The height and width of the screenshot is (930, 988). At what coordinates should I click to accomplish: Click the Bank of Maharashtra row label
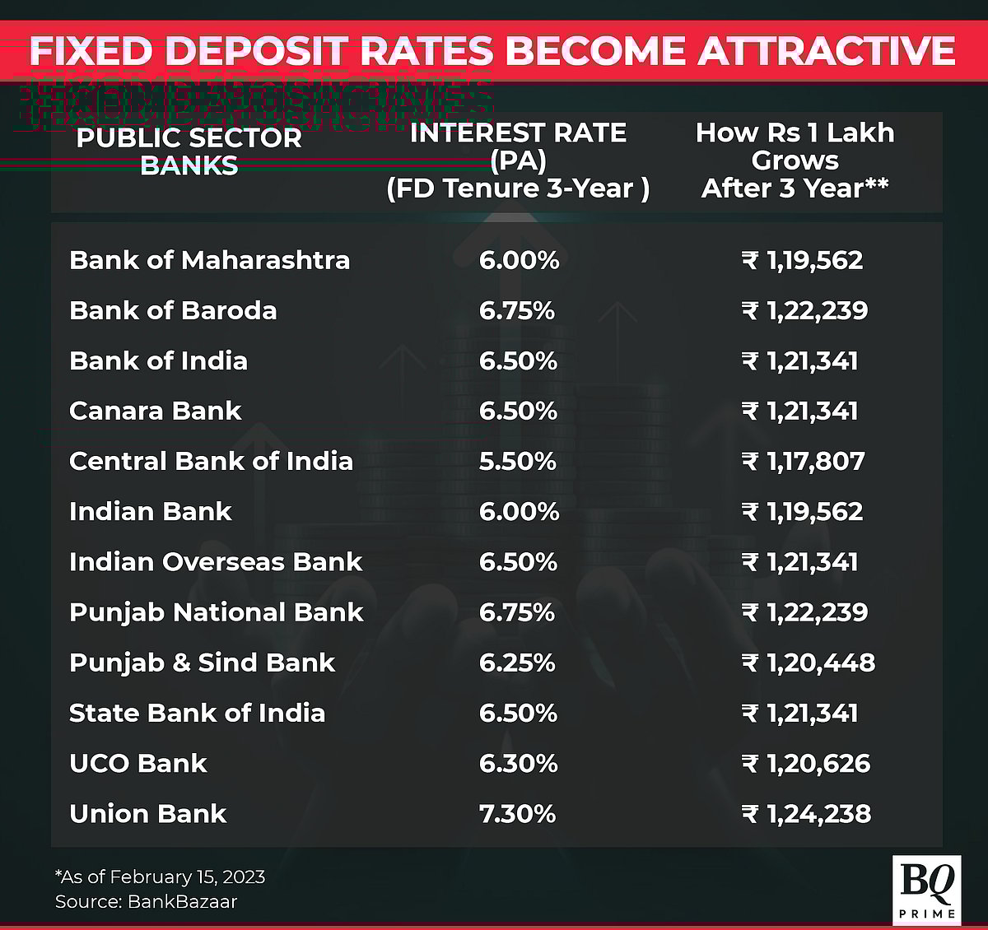(209, 260)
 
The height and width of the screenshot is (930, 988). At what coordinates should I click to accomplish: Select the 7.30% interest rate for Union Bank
(517, 814)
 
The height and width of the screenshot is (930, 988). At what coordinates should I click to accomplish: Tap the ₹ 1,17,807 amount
(803, 462)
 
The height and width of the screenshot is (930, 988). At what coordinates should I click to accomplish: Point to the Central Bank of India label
(211, 461)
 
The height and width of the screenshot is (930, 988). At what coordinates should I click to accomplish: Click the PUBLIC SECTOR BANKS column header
(189, 151)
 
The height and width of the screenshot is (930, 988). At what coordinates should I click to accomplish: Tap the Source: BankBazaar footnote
(146, 901)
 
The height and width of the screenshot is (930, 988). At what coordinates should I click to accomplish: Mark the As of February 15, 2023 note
(160, 877)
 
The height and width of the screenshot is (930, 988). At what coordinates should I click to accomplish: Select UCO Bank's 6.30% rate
(518, 764)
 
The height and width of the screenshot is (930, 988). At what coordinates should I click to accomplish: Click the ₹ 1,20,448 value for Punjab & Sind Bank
(808, 663)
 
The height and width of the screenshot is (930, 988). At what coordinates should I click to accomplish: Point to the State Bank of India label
(197, 713)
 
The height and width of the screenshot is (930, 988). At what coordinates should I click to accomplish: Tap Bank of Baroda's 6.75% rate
(516, 311)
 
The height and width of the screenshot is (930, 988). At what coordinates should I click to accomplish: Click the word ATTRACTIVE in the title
(826, 51)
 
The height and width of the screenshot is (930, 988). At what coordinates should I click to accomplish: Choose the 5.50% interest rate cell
(517, 462)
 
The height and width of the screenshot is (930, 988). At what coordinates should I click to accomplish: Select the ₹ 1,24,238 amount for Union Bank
(805, 814)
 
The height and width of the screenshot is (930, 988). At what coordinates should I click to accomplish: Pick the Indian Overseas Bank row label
(216, 561)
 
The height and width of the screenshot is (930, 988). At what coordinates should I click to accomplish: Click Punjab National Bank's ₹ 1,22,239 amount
(804, 612)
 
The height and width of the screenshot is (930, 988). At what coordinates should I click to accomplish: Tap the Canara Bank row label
(155, 411)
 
